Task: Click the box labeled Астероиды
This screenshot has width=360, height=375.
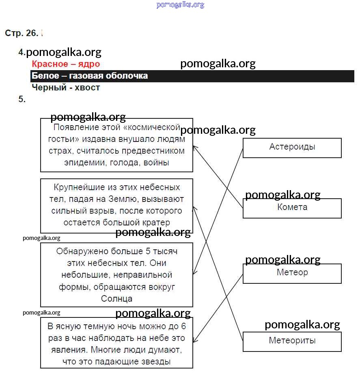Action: click(x=292, y=148)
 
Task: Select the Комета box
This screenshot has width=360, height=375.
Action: click(x=292, y=208)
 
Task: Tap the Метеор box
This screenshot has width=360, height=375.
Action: click(x=292, y=273)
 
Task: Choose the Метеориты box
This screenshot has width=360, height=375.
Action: click(x=292, y=341)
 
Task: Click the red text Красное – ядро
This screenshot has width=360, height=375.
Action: click(x=66, y=64)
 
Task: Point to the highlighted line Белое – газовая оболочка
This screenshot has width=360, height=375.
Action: click(x=90, y=76)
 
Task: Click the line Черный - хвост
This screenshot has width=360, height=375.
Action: click(x=66, y=88)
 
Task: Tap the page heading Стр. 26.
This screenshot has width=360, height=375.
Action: click(x=22, y=33)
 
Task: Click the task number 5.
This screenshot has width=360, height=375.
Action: click(x=22, y=99)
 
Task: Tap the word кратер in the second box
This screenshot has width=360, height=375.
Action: click(x=156, y=223)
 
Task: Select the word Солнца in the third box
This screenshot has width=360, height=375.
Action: click(x=116, y=299)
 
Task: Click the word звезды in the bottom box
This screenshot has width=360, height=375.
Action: click(x=152, y=362)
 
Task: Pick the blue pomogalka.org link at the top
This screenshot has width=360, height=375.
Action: click(x=180, y=5)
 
